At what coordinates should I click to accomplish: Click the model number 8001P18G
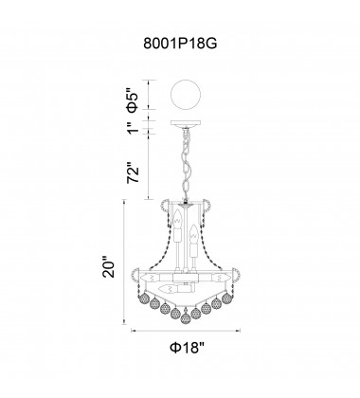tap(180, 44)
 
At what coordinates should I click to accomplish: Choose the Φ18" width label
tap(188, 348)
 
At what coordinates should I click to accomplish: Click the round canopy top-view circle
tap(186, 95)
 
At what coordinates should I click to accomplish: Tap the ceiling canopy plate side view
tap(186, 123)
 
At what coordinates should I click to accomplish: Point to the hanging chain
tap(186, 164)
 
